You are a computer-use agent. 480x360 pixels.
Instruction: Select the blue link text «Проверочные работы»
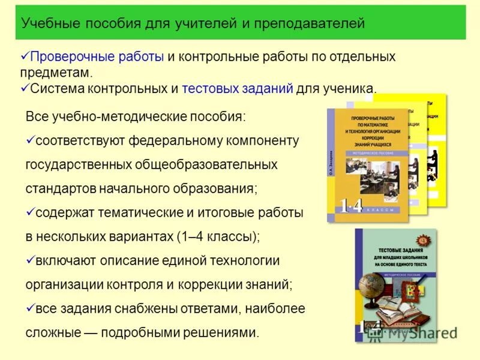[x=97, y=57]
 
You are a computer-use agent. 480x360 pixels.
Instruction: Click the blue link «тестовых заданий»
[x=237, y=89]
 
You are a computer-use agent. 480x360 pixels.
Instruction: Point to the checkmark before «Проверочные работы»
[x=25, y=56]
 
